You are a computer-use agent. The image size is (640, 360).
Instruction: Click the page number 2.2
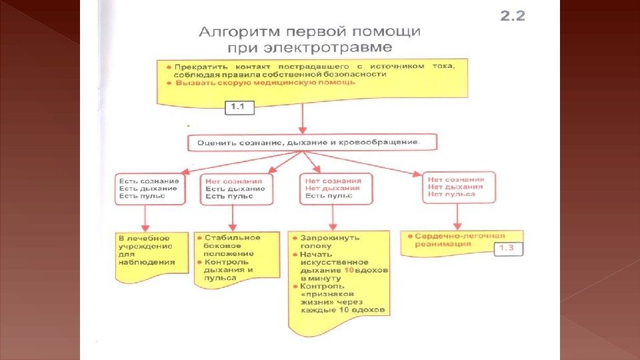pos(513,15)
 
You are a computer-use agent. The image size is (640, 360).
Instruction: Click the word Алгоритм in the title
pos(238,32)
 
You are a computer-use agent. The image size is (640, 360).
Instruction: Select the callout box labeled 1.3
pos(510,249)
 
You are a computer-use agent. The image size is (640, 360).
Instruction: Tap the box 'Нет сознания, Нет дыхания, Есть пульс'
pos(333,189)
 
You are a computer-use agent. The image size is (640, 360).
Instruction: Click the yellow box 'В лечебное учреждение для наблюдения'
pos(145,251)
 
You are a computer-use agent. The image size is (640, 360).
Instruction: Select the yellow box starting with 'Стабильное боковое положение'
pos(227,257)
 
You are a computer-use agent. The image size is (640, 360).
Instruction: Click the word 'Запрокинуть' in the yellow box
pos(329,237)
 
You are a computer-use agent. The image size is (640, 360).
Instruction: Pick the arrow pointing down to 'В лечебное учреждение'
pos(145,217)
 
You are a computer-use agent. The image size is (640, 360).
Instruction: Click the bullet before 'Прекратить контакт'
pos(169,67)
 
